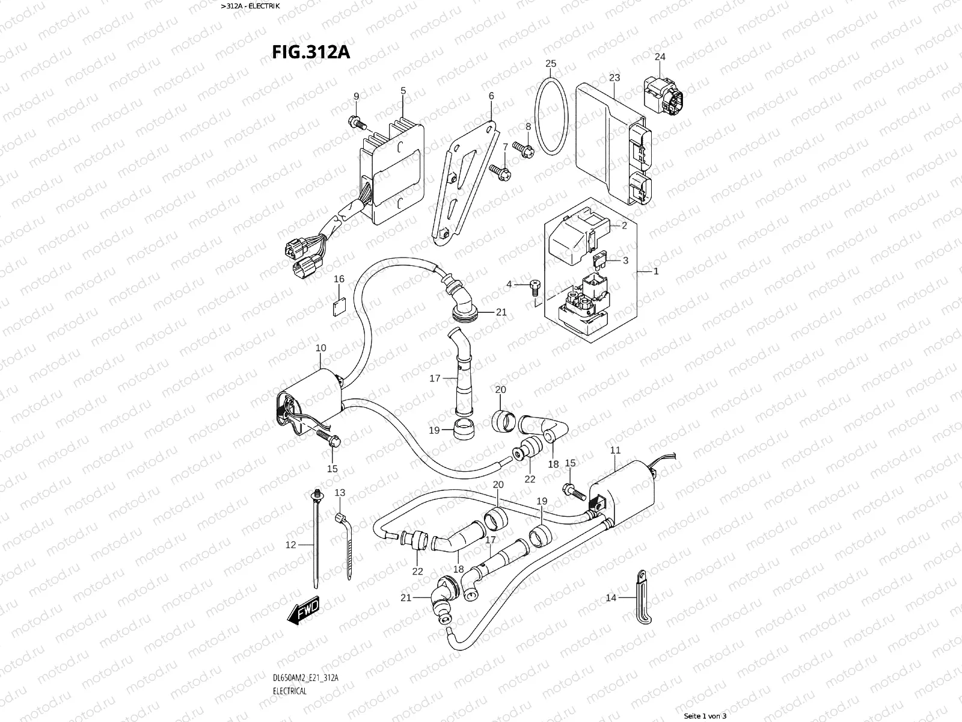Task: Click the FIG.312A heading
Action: click(311, 52)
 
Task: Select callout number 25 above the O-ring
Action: click(551, 64)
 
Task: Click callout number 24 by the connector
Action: click(660, 57)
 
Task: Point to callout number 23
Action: click(614, 78)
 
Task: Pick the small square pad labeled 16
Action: click(339, 306)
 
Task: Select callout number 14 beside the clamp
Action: click(611, 597)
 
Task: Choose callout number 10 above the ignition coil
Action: click(320, 348)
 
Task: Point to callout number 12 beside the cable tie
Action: click(291, 545)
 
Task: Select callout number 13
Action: click(340, 493)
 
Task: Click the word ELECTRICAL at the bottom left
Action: click(290, 657)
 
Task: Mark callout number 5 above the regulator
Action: click(403, 91)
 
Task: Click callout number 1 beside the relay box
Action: click(656, 271)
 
